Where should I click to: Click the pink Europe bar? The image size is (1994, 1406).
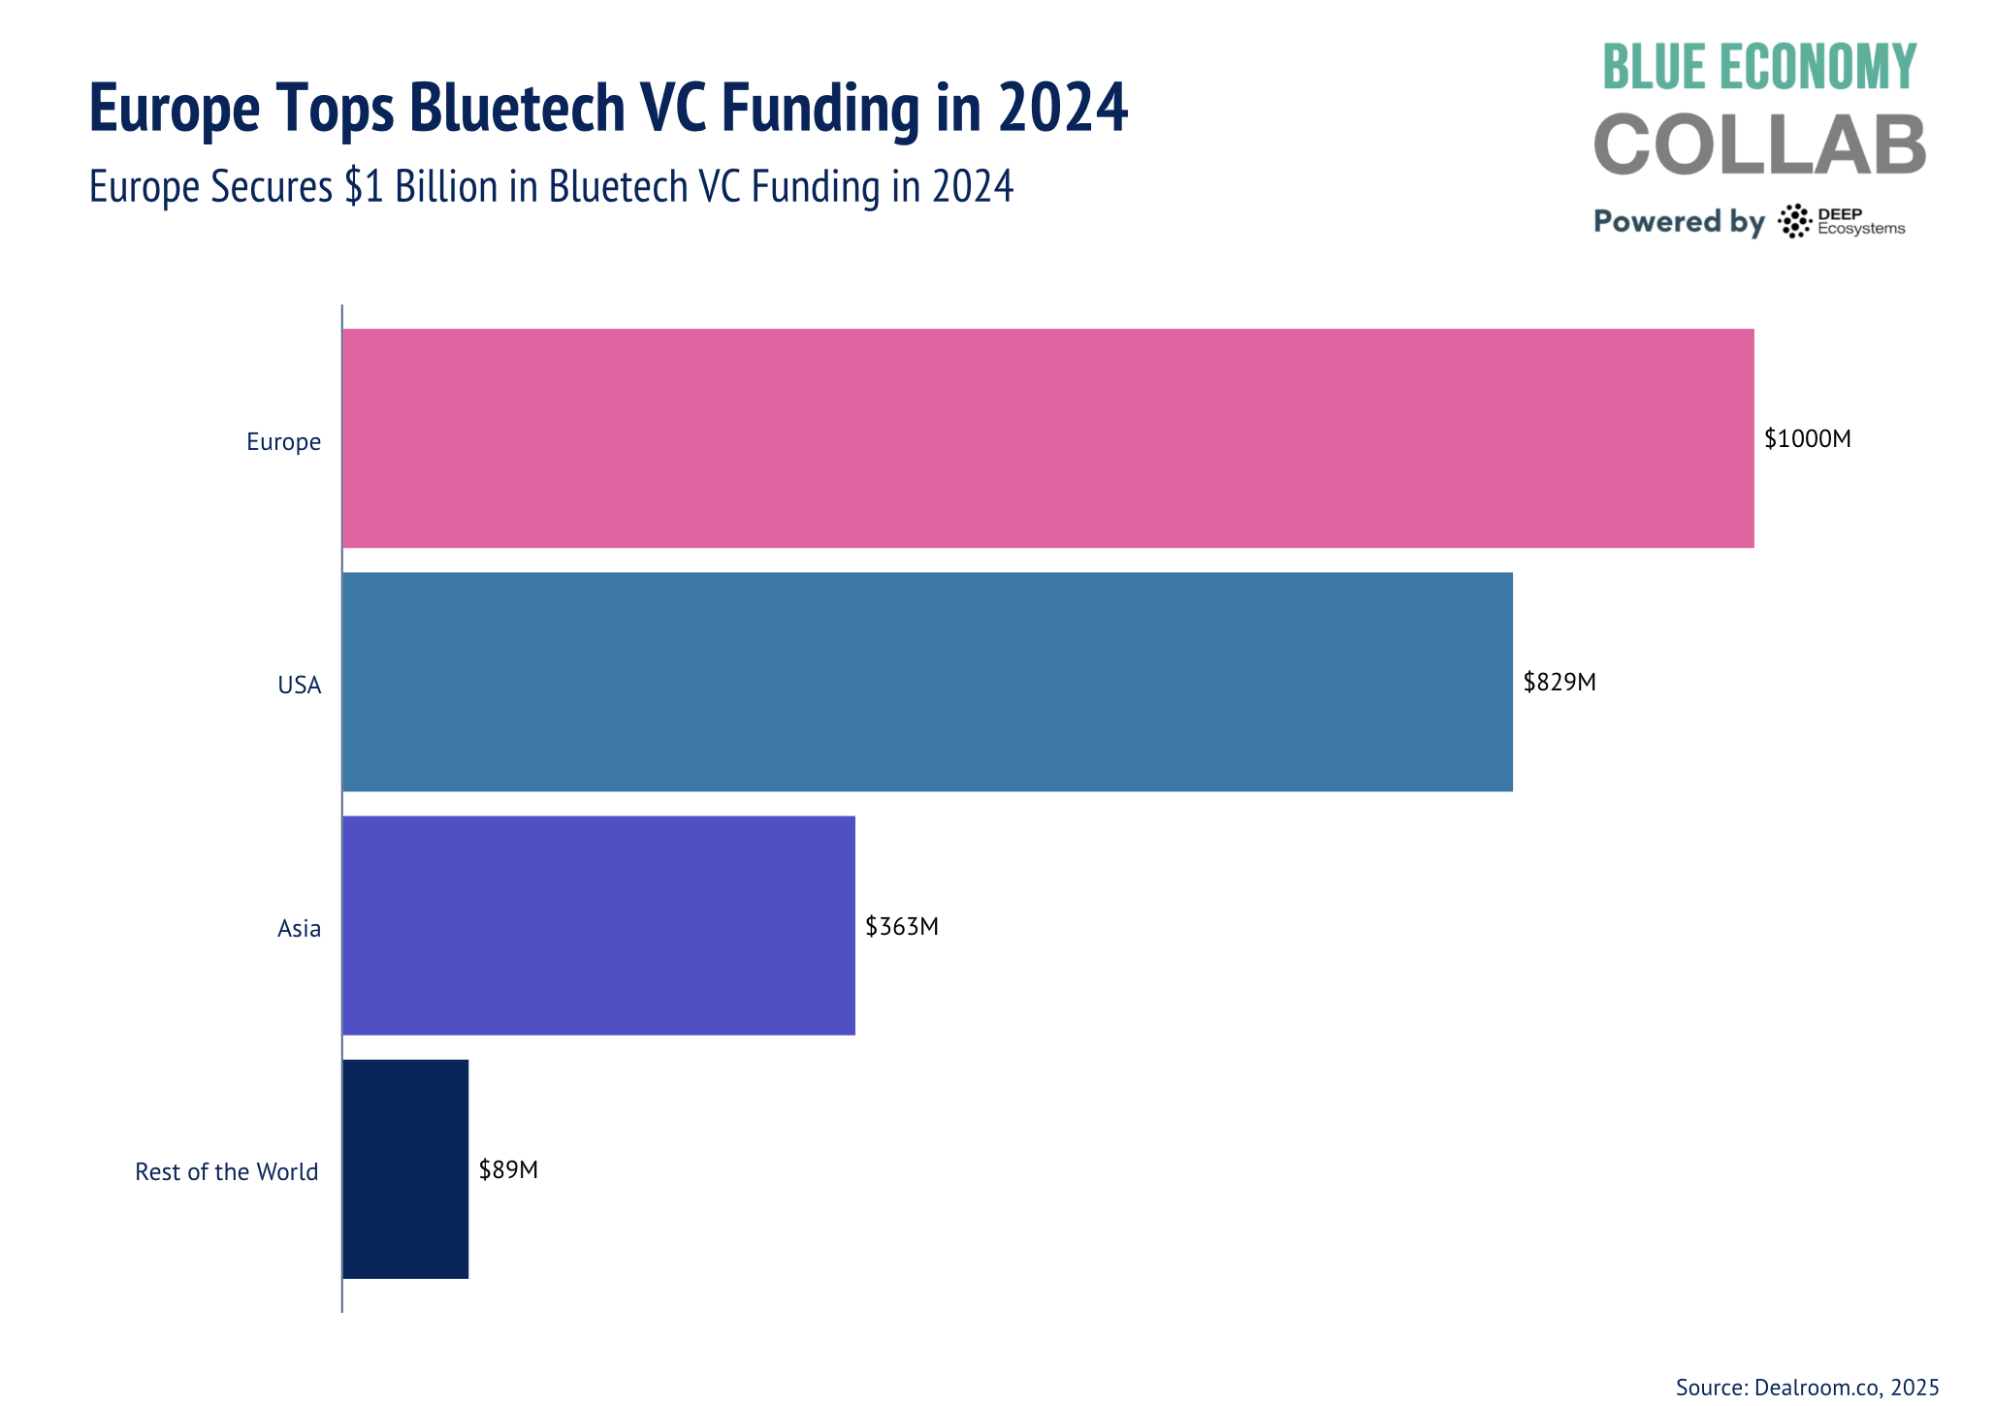(x=1047, y=438)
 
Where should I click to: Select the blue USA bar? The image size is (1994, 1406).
(x=927, y=682)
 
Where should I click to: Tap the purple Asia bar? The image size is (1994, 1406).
(x=598, y=925)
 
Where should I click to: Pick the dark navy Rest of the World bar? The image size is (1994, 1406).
(x=405, y=1168)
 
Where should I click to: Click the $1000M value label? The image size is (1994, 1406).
(x=1807, y=439)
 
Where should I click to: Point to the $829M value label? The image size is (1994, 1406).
(x=1559, y=683)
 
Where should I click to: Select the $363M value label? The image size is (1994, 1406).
(x=902, y=927)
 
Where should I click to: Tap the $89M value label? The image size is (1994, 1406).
(x=508, y=1170)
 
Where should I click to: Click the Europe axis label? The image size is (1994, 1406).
(x=283, y=442)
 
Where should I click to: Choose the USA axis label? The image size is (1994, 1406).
(x=299, y=686)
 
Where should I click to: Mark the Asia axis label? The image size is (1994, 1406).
(x=299, y=929)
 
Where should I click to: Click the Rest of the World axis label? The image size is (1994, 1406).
(x=226, y=1172)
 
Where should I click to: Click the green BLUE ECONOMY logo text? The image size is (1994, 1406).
(x=1759, y=67)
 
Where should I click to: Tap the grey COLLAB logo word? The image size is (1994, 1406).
(x=1759, y=144)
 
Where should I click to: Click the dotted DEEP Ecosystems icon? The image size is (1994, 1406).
(x=1794, y=221)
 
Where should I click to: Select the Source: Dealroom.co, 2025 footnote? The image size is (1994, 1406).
(x=1807, y=1387)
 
